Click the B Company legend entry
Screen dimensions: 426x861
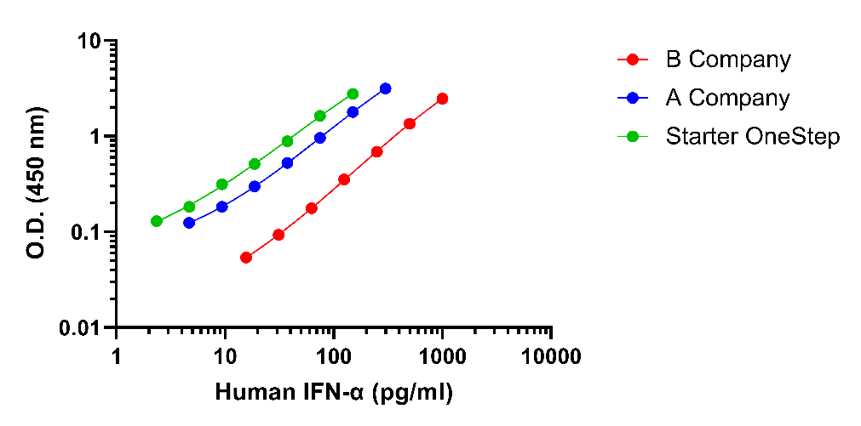point(727,60)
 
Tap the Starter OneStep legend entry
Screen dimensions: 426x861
point(753,136)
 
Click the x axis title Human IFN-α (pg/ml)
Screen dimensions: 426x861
point(333,392)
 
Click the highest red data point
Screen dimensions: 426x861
point(442,99)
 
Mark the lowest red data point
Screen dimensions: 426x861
point(246,257)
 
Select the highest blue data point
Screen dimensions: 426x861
point(386,88)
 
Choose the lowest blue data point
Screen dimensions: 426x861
point(189,223)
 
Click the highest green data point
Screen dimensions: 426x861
point(353,94)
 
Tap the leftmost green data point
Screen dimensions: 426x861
point(157,221)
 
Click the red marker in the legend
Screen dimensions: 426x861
point(632,60)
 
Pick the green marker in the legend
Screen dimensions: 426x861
point(632,136)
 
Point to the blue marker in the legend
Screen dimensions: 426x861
point(632,98)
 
